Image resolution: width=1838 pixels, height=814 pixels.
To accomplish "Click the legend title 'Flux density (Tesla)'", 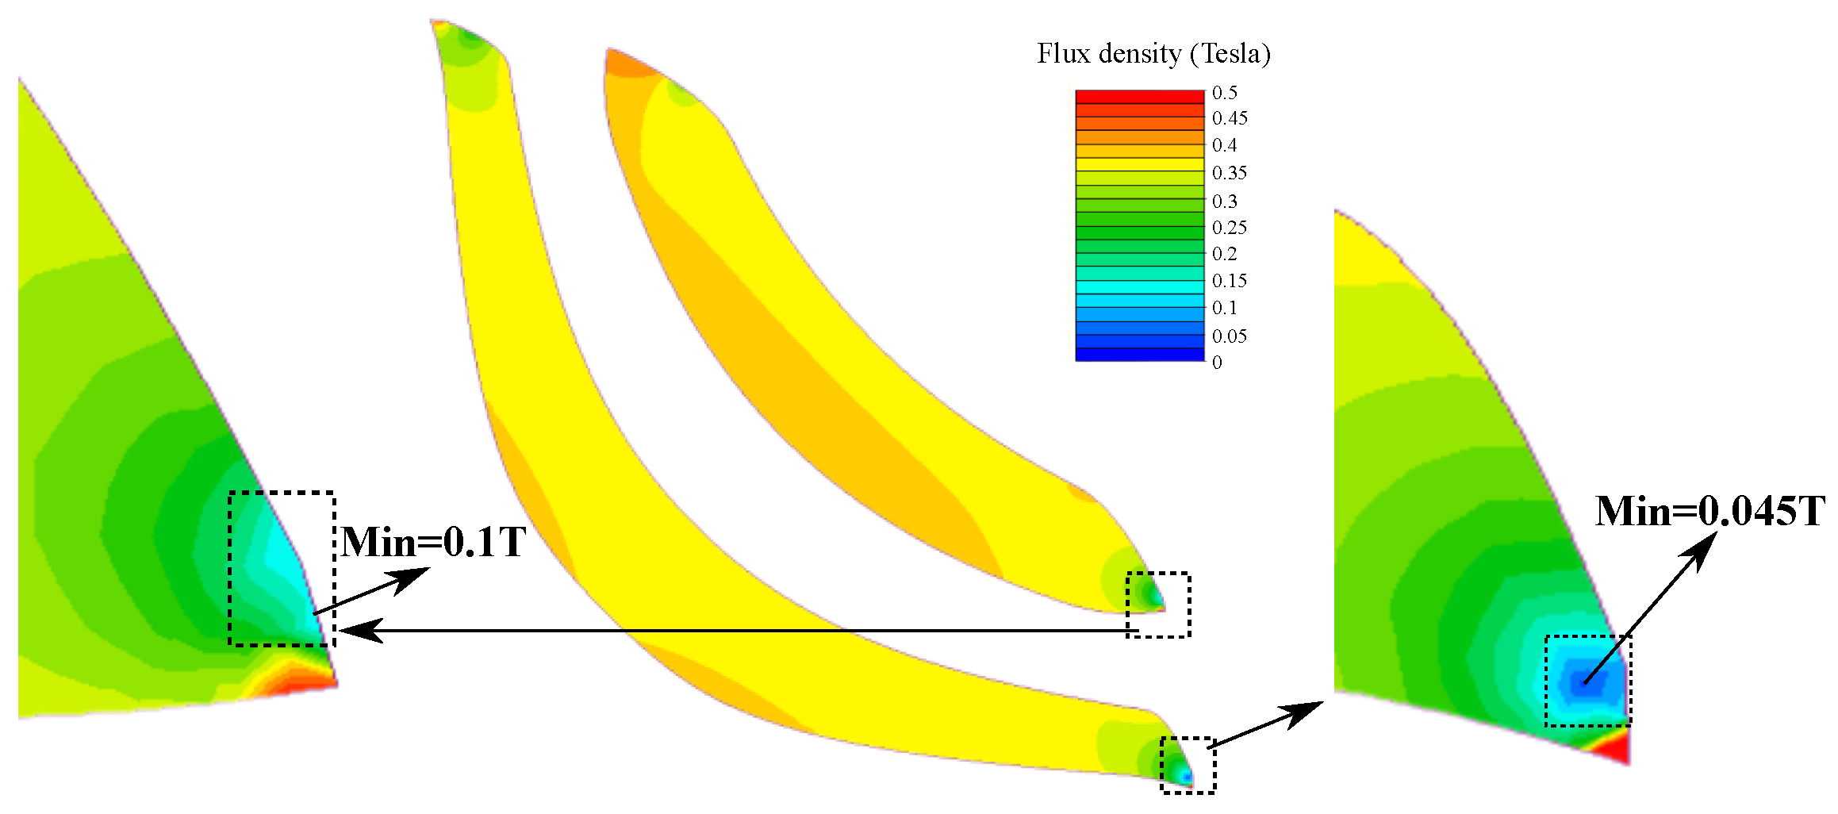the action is coord(1153,54).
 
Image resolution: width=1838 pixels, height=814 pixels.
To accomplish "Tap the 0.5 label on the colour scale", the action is coord(1225,93).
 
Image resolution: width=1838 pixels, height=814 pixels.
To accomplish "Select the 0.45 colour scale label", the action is coord(1230,118).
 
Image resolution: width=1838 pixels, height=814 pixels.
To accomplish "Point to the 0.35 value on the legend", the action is coord(1230,173).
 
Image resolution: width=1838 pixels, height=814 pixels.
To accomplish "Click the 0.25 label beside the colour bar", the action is coord(1230,228).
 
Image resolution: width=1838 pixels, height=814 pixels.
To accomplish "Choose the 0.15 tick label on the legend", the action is coord(1230,281).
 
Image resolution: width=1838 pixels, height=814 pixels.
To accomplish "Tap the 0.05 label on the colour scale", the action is coord(1230,336).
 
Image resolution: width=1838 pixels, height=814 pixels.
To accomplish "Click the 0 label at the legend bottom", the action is coord(1218,363).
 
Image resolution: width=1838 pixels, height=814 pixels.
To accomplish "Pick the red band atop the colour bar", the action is coord(1140,97).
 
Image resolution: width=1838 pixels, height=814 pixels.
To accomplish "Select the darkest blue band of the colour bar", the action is coord(1140,355).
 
